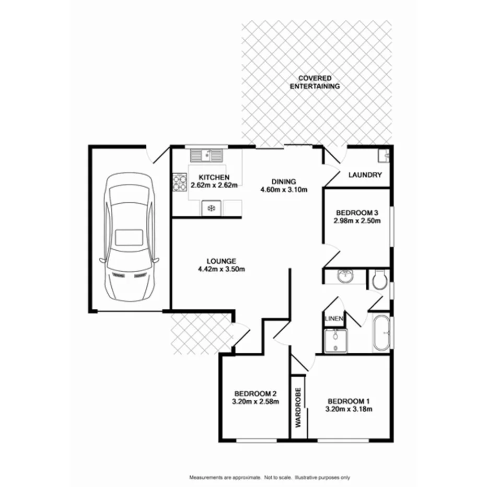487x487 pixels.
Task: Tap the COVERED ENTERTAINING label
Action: (315, 82)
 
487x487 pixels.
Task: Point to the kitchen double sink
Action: (206, 155)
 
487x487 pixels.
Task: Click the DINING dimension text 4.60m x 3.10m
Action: (283, 190)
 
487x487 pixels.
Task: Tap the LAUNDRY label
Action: (365, 175)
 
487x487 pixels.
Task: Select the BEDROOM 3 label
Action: (357, 213)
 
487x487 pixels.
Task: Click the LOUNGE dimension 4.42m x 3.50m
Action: (222, 270)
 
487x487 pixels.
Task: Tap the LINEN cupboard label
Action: (333, 318)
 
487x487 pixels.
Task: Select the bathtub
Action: (381, 333)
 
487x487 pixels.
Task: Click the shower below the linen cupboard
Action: (334, 341)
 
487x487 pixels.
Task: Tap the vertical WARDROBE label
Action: (298, 408)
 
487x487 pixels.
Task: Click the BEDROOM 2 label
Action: (255, 393)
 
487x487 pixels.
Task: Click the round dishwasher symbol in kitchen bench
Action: (211, 208)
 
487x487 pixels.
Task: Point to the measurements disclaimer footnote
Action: (269, 478)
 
